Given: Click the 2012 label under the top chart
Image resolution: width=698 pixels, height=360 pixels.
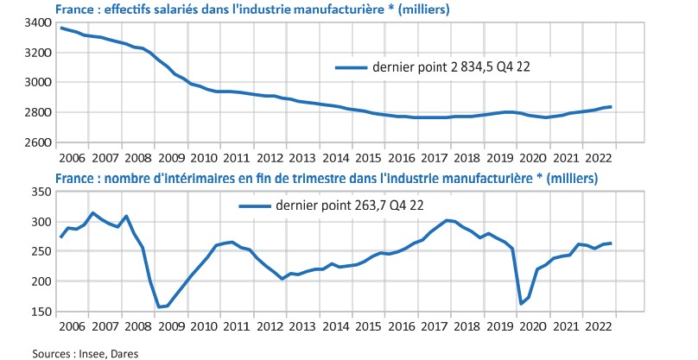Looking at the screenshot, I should [x=270, y=159].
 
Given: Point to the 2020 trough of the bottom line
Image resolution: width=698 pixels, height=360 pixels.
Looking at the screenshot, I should [x=521, y=304].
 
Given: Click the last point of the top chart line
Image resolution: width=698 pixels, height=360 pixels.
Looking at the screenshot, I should [x=612, y=107].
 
